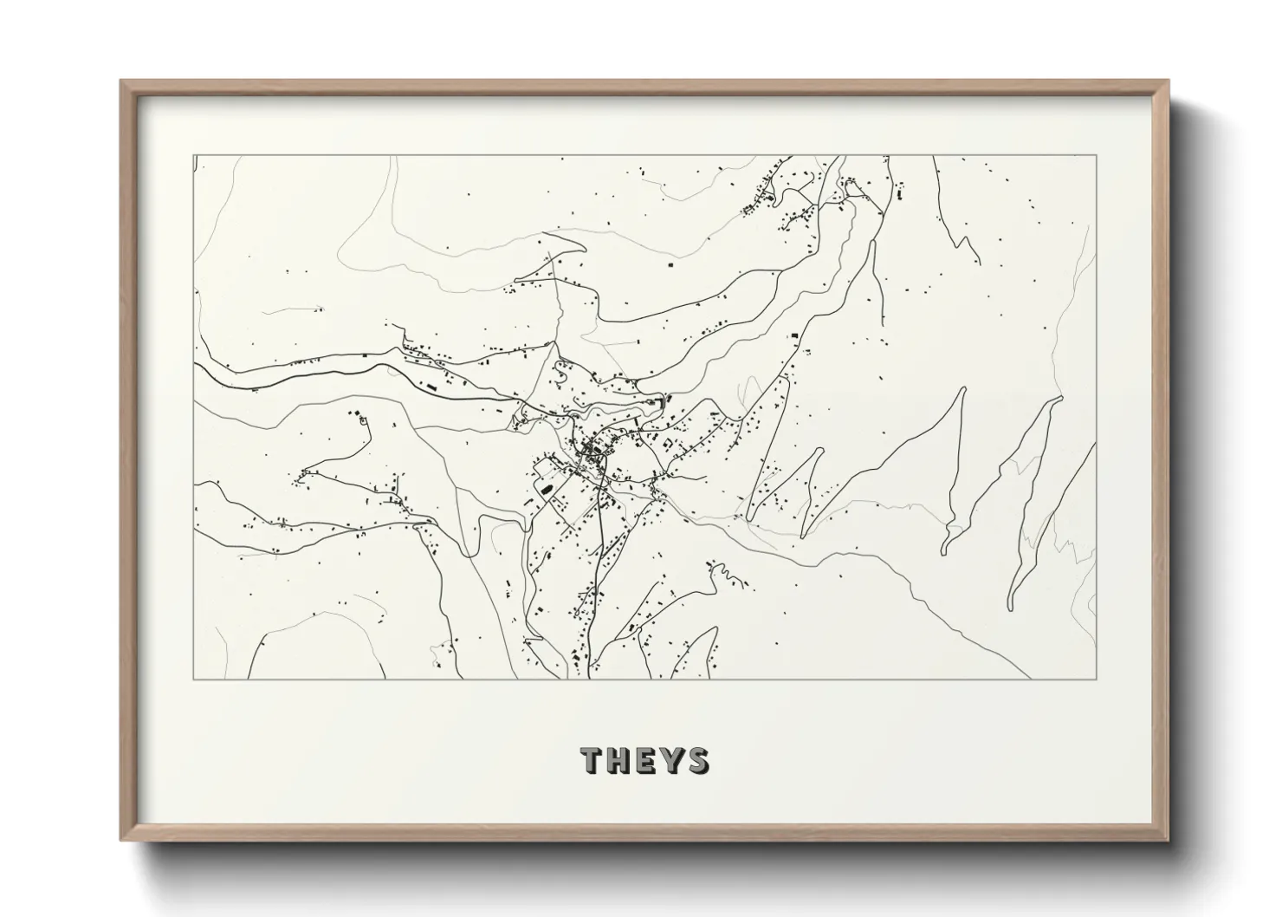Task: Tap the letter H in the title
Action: tap(620, 760)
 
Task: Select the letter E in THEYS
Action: tap(645, 760)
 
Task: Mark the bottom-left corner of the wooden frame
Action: tap(121, 839)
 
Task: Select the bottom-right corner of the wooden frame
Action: tap(1169, 839)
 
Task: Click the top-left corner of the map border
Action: tap(193, 155)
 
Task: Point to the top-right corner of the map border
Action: tap(1097, 155)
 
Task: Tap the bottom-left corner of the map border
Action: tap(193, 679)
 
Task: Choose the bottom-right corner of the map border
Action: tap(1097, 679)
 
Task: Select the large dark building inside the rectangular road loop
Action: tap(547, 488)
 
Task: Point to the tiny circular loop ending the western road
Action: tap(363, 420)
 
